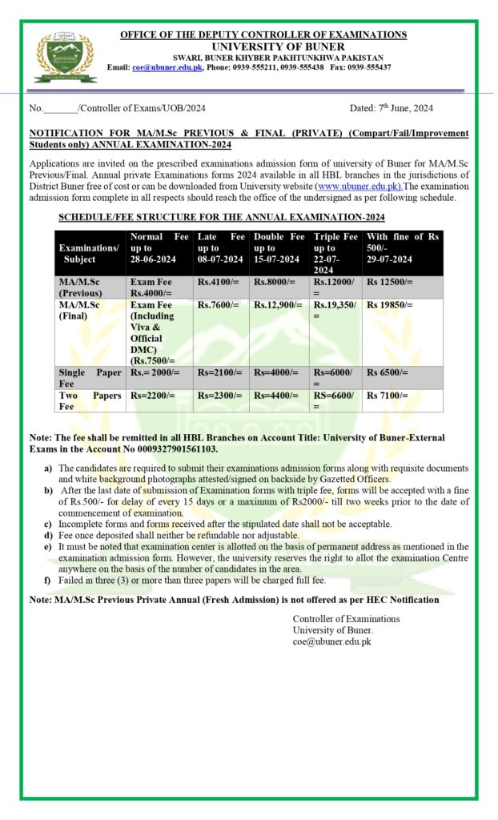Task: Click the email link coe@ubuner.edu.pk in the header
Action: pyautogui.click(x=167, y=67)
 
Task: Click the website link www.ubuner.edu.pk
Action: pyautogui.click(x=360, y=187)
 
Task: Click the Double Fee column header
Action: pyautogui.click(x=279, y=248)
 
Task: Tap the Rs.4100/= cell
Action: pyautogui.click(x=218, y=283)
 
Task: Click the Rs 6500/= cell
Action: pyautogui.click(x=388, y=373)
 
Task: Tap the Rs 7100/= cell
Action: pyautogui.click(x=388, y=396)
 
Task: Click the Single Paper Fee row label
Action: pyautogui.click(x=90, y=378)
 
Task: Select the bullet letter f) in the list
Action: pyautogui.click(x=48, y=580)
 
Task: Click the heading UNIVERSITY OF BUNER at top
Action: pyautogui.click(x=263, y=46)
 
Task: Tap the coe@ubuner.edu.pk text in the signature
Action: pyautogui.click(x=331, y=641)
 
